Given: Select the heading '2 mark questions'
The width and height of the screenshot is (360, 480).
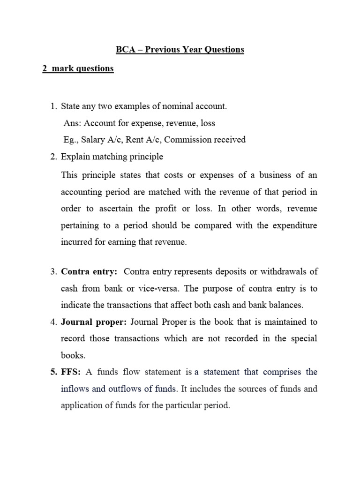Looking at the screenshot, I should pos(78,68).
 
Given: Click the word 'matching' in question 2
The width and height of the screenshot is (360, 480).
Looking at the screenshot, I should pos(106,157).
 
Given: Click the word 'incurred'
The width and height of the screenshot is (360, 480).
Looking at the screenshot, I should pos(75,242).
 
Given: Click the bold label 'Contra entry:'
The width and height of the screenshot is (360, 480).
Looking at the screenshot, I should pos(89,271).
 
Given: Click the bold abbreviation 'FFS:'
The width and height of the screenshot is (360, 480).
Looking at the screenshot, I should pos(71,372).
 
